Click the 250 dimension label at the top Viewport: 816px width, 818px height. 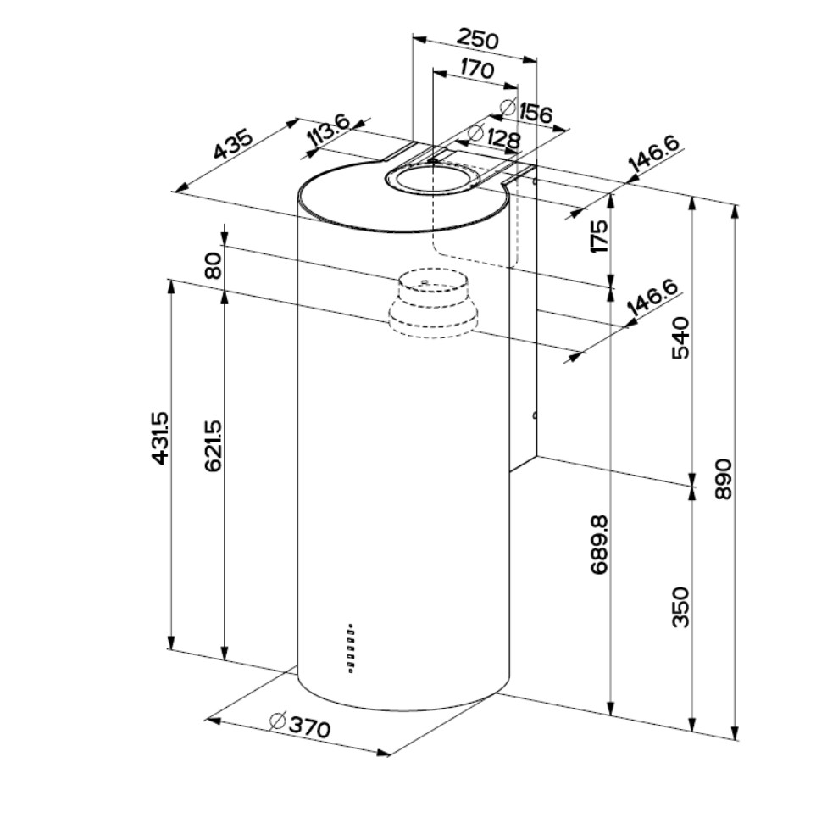tap(478, 39)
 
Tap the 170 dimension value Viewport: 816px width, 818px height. tap(477, 70)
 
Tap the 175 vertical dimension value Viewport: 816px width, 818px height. tap(599, 236)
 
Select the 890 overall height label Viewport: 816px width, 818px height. tap(722, 480)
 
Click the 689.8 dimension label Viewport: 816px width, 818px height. tap(599, 543)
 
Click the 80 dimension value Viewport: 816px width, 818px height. tap(213, 265)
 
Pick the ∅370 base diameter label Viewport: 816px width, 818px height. tap(299, 726)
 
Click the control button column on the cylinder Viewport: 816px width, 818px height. tap(351, 649)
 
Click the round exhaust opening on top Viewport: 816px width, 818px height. tap(430, 180)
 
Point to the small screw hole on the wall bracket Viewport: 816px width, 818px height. tap(536, 415)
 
